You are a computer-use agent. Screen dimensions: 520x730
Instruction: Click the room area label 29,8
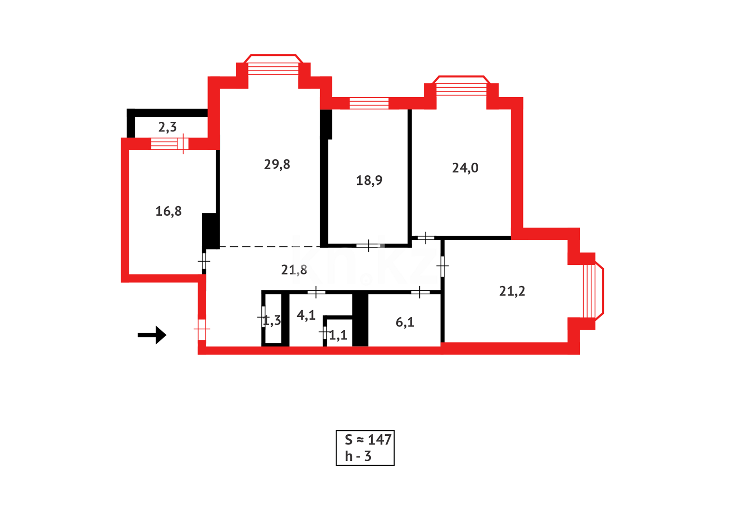coord(277,165)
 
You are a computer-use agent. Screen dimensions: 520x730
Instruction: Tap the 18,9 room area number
coord(369,181)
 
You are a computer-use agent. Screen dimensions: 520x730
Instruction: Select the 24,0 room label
coord(465,168)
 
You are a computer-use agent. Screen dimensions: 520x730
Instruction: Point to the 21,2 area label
coord(512,291)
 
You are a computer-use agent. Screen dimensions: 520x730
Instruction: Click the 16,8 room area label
coord(169,211)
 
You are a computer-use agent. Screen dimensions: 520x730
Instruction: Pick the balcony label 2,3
coord(168,127)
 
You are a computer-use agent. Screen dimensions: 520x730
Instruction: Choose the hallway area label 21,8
coord(294,270)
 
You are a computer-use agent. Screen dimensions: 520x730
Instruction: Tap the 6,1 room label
coord(405,322)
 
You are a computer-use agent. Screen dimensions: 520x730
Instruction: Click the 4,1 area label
coord(306,315)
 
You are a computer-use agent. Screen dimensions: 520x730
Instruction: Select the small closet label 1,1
coord(338,335)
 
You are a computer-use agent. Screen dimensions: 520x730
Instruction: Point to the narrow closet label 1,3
coord(272,321)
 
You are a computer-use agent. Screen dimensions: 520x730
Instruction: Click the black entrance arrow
coord(152,335)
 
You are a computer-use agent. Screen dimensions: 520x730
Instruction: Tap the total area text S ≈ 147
coord(368,440)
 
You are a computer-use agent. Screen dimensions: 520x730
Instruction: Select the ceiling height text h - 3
coord(358,456)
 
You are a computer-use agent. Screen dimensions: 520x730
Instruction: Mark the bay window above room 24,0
coord(461,87)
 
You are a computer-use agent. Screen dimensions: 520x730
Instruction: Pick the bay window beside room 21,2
coord(592,290)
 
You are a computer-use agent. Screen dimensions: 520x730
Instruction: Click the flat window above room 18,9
coord(369,103)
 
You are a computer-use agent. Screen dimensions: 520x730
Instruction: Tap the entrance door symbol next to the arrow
coord(202,329)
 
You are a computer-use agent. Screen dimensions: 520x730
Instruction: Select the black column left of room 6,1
coord(360,319)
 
